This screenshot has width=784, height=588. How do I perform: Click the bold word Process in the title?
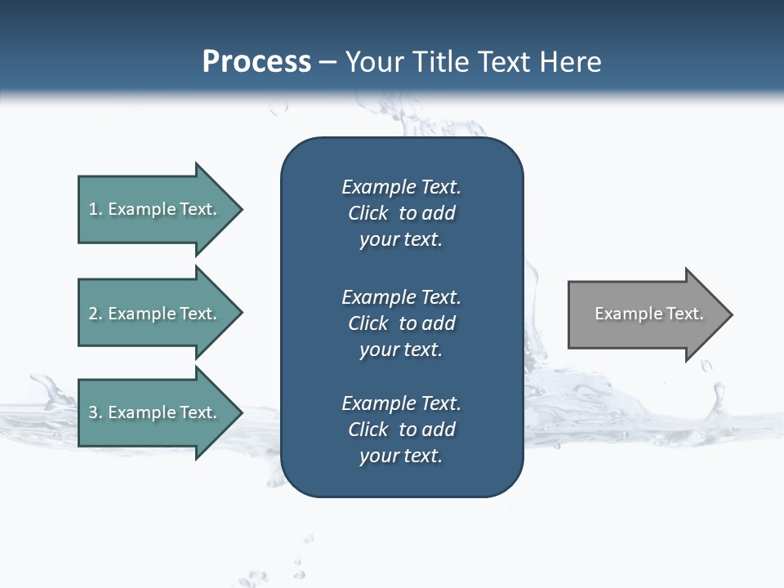click(x=256, y=61)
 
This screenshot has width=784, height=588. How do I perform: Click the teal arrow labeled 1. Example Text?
click(x=155, y=209)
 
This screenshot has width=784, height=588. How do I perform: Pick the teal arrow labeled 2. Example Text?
click(x=155, y=314)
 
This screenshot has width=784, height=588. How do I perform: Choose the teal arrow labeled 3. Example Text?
click(x=155, y=412)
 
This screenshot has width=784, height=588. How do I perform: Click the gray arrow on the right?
click(x=645, y=314)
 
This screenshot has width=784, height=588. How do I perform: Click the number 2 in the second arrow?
click(x=93, y=314)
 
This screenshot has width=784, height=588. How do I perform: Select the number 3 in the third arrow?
click(x=93, y=412)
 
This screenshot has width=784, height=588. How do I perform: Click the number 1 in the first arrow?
click(x=93, y=209)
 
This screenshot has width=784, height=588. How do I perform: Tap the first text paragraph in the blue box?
click(x=401, y=213)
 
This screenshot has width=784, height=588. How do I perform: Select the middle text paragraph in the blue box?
click(x=401, y=323)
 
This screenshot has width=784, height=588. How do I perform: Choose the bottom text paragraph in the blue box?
click(x=401, y=430)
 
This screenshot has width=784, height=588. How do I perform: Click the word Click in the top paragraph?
click(x=367, y=213)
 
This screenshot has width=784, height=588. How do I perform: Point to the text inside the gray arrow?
click(x=648, y=314)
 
